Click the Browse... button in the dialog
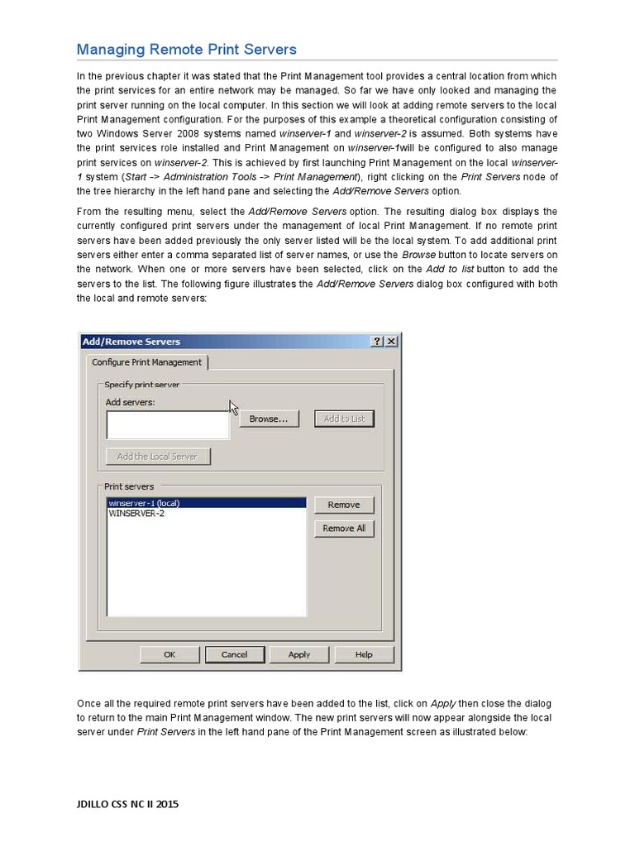(268, 419)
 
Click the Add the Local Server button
(157, 457)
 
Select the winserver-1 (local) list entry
(144, 503)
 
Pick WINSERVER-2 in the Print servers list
(136, 513)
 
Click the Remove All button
(344, 528)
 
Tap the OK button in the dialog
(169, 654)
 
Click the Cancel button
(235, 654)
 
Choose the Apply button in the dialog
(299, 654)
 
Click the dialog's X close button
(391, 341)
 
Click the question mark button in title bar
(377, 341)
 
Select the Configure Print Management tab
(146, 362)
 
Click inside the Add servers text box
(167, 424)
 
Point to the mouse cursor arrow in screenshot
(233, 407)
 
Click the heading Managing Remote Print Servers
(186, 50)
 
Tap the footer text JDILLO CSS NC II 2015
(127, 803)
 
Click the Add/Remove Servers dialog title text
(131, 341)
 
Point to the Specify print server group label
(141, 385)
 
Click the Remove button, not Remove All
(344, 505)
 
